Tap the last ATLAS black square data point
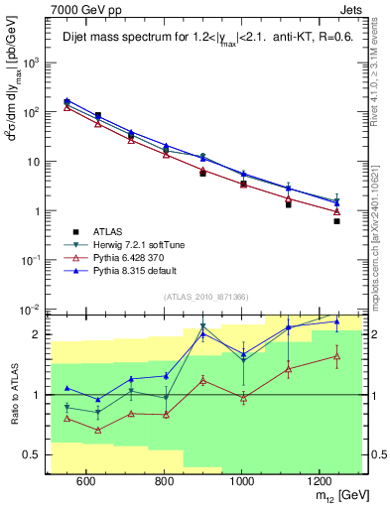pos(337,221)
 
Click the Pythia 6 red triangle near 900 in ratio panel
pos(202,380)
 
